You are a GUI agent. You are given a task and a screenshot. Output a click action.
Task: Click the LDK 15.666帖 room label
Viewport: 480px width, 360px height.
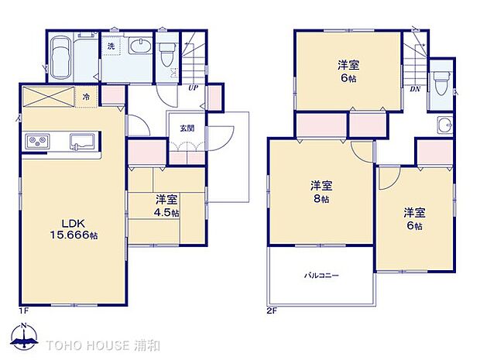pos(64,228)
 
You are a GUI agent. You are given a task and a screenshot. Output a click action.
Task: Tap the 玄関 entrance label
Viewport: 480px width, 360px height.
pos(187,129)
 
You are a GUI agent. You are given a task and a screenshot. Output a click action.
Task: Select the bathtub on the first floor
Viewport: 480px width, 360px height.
pos(61,58)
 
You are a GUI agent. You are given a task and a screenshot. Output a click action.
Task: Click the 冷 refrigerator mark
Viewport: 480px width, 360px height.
pos(87,97)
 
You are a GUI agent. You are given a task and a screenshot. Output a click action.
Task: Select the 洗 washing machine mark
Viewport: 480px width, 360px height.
pos(111,46)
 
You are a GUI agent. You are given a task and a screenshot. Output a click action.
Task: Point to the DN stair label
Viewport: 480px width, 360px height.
pos(415,89)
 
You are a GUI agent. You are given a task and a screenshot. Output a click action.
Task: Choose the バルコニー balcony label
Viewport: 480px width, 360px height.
pos(321,276)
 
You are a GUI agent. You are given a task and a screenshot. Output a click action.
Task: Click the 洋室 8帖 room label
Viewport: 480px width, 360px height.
pos(321,191)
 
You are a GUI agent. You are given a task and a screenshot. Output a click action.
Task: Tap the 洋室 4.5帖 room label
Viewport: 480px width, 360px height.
pos(166,204)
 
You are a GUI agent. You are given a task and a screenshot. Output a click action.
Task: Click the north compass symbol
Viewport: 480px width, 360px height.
pos(25,338)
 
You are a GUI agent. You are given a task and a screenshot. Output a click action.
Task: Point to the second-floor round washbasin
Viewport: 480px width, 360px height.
pos(443,127)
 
